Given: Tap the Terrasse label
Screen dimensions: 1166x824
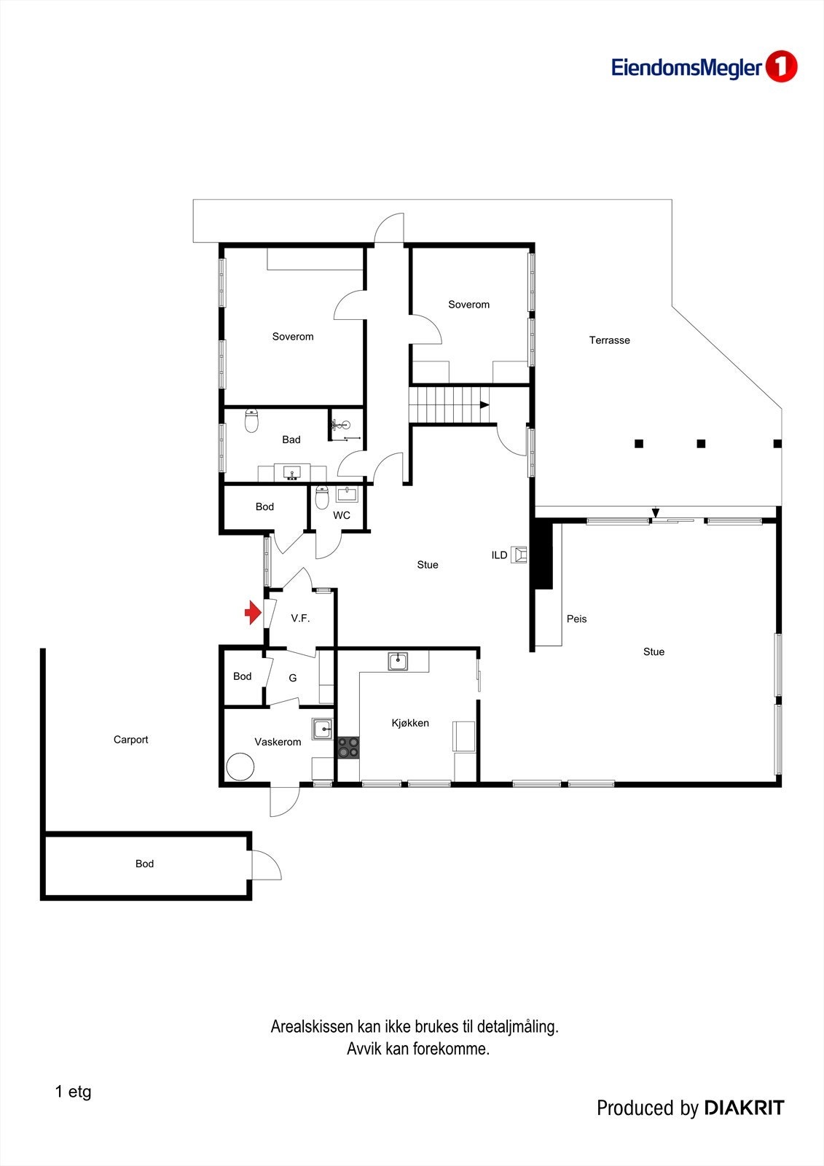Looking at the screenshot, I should tap(609, 340).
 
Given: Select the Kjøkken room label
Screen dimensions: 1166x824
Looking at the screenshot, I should tap(410, 723).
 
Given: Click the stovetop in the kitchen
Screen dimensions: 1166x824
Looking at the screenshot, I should tap(348, 747).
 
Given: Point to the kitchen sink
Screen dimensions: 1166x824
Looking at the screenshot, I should tap(398, 662).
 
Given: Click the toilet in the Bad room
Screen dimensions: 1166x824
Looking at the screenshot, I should tap(251, 420).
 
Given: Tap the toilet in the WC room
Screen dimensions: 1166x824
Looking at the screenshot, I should tap(322, 498).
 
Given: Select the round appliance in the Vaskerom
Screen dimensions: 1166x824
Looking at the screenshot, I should tap(240, 767).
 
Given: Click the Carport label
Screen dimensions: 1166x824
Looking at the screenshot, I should tap(130, 740).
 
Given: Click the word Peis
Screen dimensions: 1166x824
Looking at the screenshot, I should tap(576, 619).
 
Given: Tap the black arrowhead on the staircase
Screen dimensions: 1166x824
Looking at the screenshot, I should tap(484, 404).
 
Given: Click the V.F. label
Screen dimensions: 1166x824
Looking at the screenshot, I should tap(300, 618).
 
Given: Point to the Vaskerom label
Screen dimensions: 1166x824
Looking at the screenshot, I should tap(278, 742).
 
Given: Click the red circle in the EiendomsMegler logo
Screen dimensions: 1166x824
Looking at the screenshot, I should tap(781, 67).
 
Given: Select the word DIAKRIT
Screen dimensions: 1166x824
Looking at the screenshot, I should tap(744, 1108).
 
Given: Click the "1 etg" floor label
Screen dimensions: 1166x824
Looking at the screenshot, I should tap(73, 1092).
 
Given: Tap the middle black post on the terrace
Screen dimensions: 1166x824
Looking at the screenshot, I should tap(701, 443).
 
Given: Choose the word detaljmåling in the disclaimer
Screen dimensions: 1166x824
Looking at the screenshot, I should tap(517, 1027).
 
